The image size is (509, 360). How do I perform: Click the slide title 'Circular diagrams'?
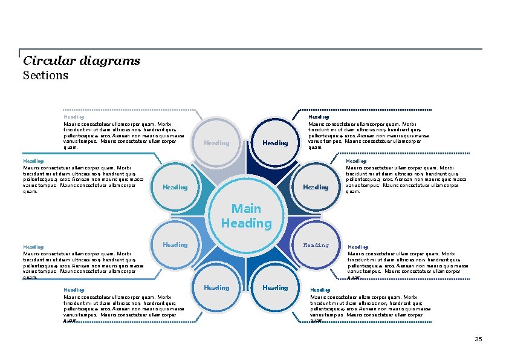(x=81, y=61)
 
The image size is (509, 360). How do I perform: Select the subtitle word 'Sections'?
(x=45, y=76)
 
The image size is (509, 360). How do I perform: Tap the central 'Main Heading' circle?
(x=246, y=216)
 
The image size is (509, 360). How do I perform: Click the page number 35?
(x=478, y=339)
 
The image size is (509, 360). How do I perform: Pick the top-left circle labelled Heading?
(x=216, y=143)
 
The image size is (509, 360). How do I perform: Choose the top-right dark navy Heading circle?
(x=275, y=143)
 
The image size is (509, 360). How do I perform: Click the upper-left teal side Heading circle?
(x=175, y=187)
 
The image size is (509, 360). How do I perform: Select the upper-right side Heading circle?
(x=316, y=187)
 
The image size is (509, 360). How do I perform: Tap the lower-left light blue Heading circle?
(x=175, y=244)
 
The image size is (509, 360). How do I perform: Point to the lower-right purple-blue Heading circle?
(x=316, y=245)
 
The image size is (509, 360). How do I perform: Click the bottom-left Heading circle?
(x=216, y=287)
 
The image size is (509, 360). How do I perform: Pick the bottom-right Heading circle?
(x=275, y=287)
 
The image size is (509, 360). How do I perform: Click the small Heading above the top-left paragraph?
(x=74, y=117)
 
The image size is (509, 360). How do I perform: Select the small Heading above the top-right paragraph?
(x=319, y=117)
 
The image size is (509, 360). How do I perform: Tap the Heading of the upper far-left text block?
(x=33, y=161)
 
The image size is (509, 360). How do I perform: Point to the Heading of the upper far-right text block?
(x=356, y=161)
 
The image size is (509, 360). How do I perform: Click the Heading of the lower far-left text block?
(x=33, y=247)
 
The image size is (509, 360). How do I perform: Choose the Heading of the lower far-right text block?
(x=358, y=247)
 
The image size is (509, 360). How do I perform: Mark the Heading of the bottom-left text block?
(x=74, y=290)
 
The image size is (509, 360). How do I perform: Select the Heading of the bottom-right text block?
(x=320, y=290)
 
